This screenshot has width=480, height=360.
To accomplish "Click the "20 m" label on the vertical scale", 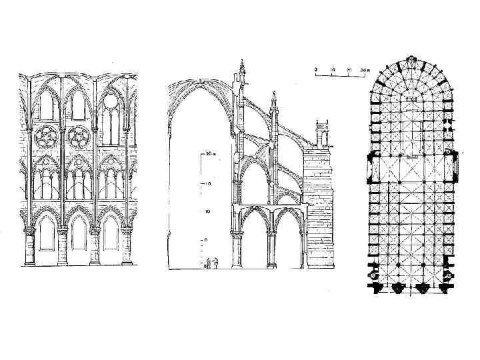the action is coord(209,153).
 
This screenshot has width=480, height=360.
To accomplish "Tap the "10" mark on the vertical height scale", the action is coord(208,211).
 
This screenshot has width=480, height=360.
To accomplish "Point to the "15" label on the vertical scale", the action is coord(208,182).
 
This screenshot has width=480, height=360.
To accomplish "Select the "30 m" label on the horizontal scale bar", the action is coord(364,69).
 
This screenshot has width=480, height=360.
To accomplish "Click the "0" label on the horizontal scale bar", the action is coord(316,69).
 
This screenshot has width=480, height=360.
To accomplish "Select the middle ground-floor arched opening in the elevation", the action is coord(79,233).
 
